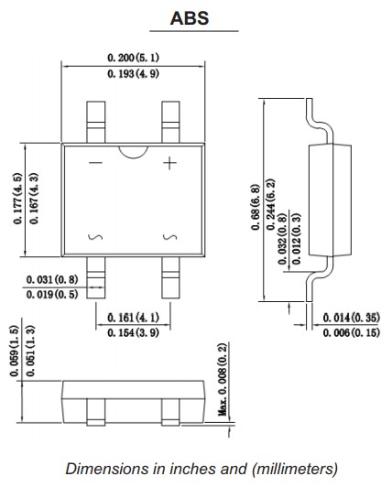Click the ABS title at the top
(x=190, y=18)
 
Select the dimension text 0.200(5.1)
(x=133, y=58)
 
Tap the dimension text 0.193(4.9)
(x=133, y=74)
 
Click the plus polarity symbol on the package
(x=169, y=163)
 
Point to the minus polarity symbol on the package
(x=95, y=163)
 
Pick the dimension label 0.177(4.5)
(x=17, y=199)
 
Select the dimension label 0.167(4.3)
(x=34, y=199)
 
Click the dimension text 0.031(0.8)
(x=52, y=279)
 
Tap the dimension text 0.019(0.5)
(x=52, y=294)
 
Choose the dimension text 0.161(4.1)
(x=133, y=318)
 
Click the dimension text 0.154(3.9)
(x=133, y=333)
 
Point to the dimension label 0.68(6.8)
(x=255, y=208)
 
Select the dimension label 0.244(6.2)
(x=271, y=204)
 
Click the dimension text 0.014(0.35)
(x=352, y=318)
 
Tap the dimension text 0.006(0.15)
(x=352, y=333)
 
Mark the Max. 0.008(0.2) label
(x=223, y=380)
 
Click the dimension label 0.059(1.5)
(x=15, y=351)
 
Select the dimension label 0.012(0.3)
(x=297, y=239)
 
